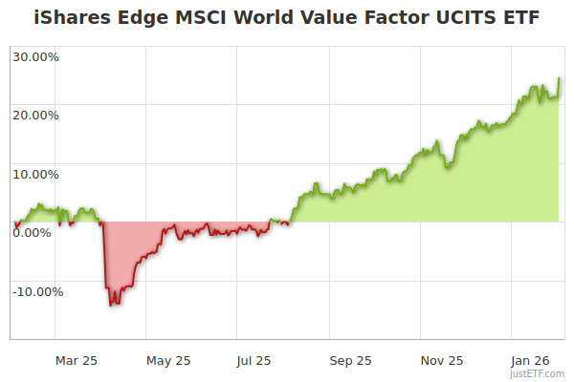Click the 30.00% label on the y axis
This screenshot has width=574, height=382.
[x=36, y=56]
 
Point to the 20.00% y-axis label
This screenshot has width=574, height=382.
[x=36, y=116]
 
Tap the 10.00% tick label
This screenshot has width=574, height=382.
[x=36, y=174]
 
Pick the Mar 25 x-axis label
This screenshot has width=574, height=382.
[x=77, y=361]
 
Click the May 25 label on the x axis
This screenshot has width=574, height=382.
[x=168, y=361]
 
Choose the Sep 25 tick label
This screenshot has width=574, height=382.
[x=350, y=361]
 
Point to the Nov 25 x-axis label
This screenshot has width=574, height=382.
[x=442, y=361]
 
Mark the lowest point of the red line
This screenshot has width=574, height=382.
[x=111, y=306]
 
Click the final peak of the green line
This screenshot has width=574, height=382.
[x=559, y=78]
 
